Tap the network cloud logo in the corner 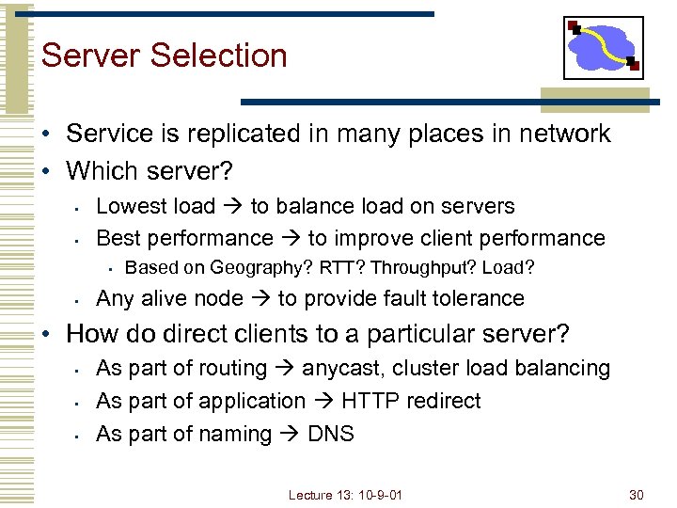(x=603, y=48)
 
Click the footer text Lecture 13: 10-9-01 (x=345, y=495)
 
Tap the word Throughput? (x=423, y=268)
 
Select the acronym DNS (x=331, y=434)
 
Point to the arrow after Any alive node (x=260, y=299)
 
